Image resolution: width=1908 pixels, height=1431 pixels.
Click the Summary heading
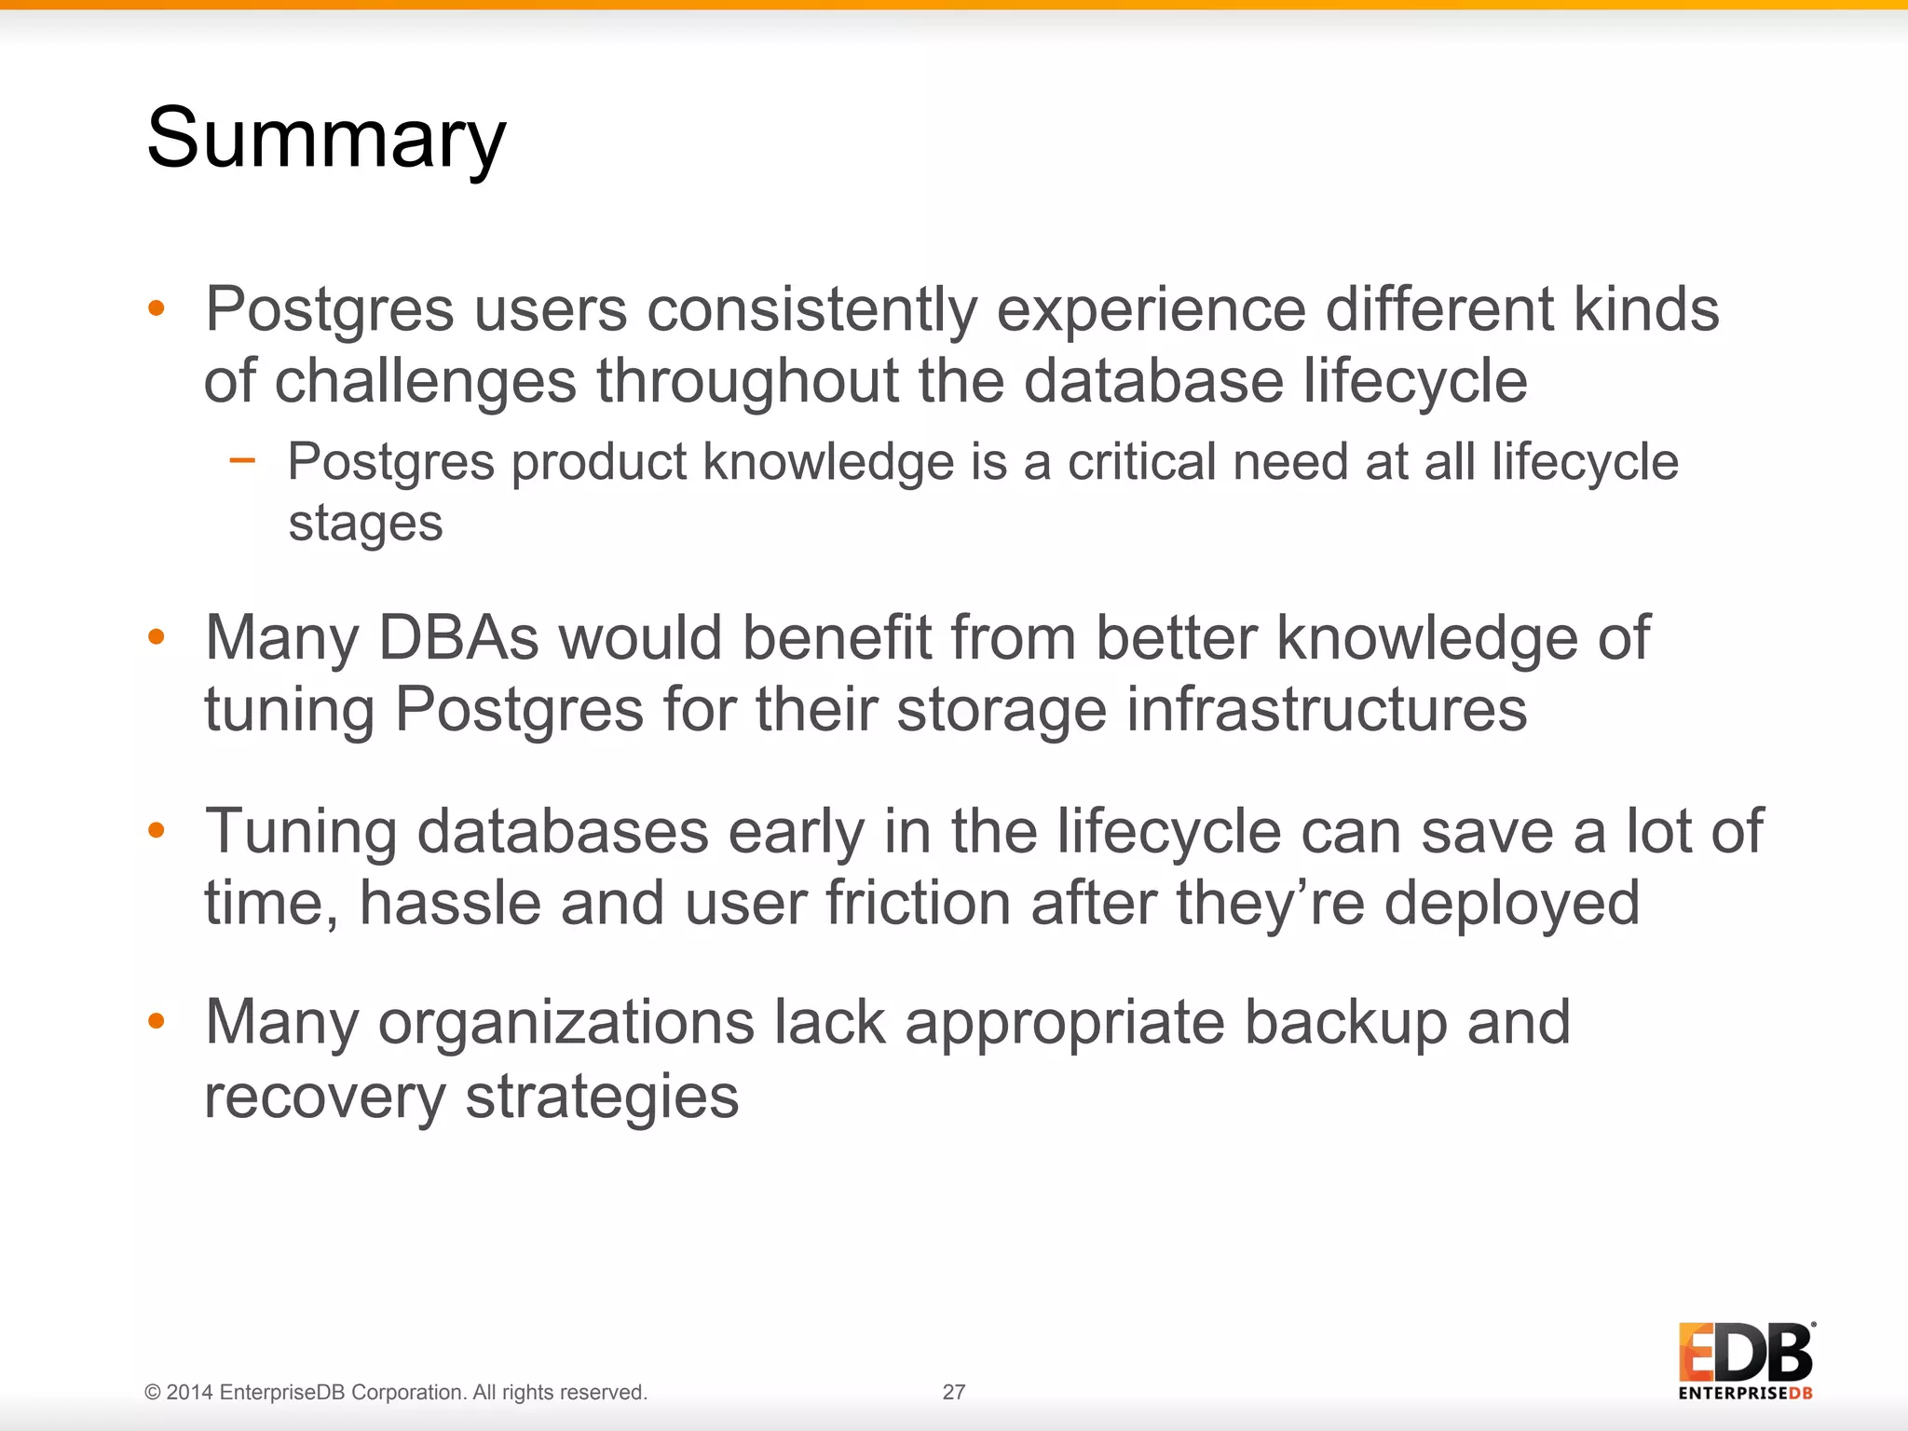(326, 140)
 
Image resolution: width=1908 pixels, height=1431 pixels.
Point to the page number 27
(953, 1392)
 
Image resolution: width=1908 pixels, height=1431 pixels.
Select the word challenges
(425, 382)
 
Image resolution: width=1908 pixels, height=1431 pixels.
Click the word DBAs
(458, 639)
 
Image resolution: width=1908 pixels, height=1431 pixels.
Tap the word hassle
(450, 904)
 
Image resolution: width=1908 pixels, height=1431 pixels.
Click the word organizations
(566, 1023)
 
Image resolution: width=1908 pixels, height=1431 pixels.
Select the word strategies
(602, 1097)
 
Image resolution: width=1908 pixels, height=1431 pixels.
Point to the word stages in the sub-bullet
(365, 524)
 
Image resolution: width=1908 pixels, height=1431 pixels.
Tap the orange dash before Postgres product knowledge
(242, 459)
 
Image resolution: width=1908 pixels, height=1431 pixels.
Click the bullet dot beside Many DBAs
(157, 636)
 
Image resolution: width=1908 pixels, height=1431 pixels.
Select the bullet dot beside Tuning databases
(157, 829)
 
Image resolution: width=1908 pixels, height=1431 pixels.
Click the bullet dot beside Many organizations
(157, 1021)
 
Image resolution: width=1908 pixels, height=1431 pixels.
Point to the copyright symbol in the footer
(153, 1393)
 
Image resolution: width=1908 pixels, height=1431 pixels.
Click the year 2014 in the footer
(190, 1393)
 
